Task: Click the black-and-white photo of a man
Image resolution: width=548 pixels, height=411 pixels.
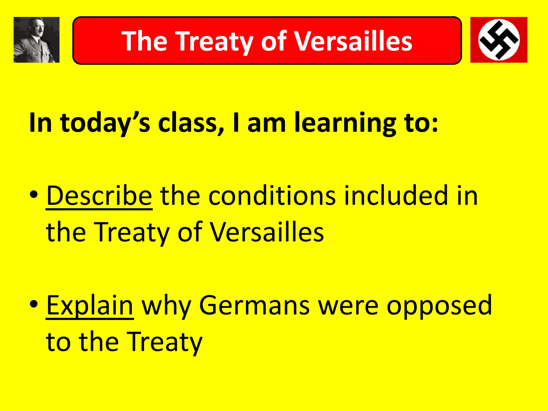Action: click(x=36, y=40)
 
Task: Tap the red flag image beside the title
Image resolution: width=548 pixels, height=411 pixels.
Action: click(x=499, y=40)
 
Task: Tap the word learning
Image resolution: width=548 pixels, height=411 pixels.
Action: click(x=345, y=123)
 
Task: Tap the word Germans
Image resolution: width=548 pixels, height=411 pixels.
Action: click(x=254, y=305)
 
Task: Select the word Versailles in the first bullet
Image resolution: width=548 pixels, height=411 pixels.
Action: click(x=267, y=232)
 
